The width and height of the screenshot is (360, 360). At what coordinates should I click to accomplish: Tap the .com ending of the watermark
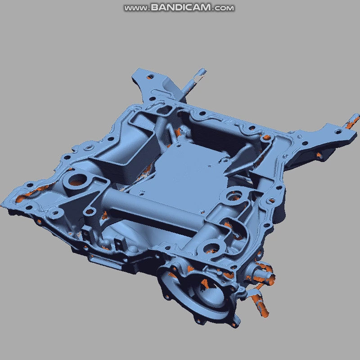[x=224, y=8]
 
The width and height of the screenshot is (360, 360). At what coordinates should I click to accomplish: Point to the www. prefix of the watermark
[x=136, y=8]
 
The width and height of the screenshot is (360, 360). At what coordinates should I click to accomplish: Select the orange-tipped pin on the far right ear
[x=351, y=121]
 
